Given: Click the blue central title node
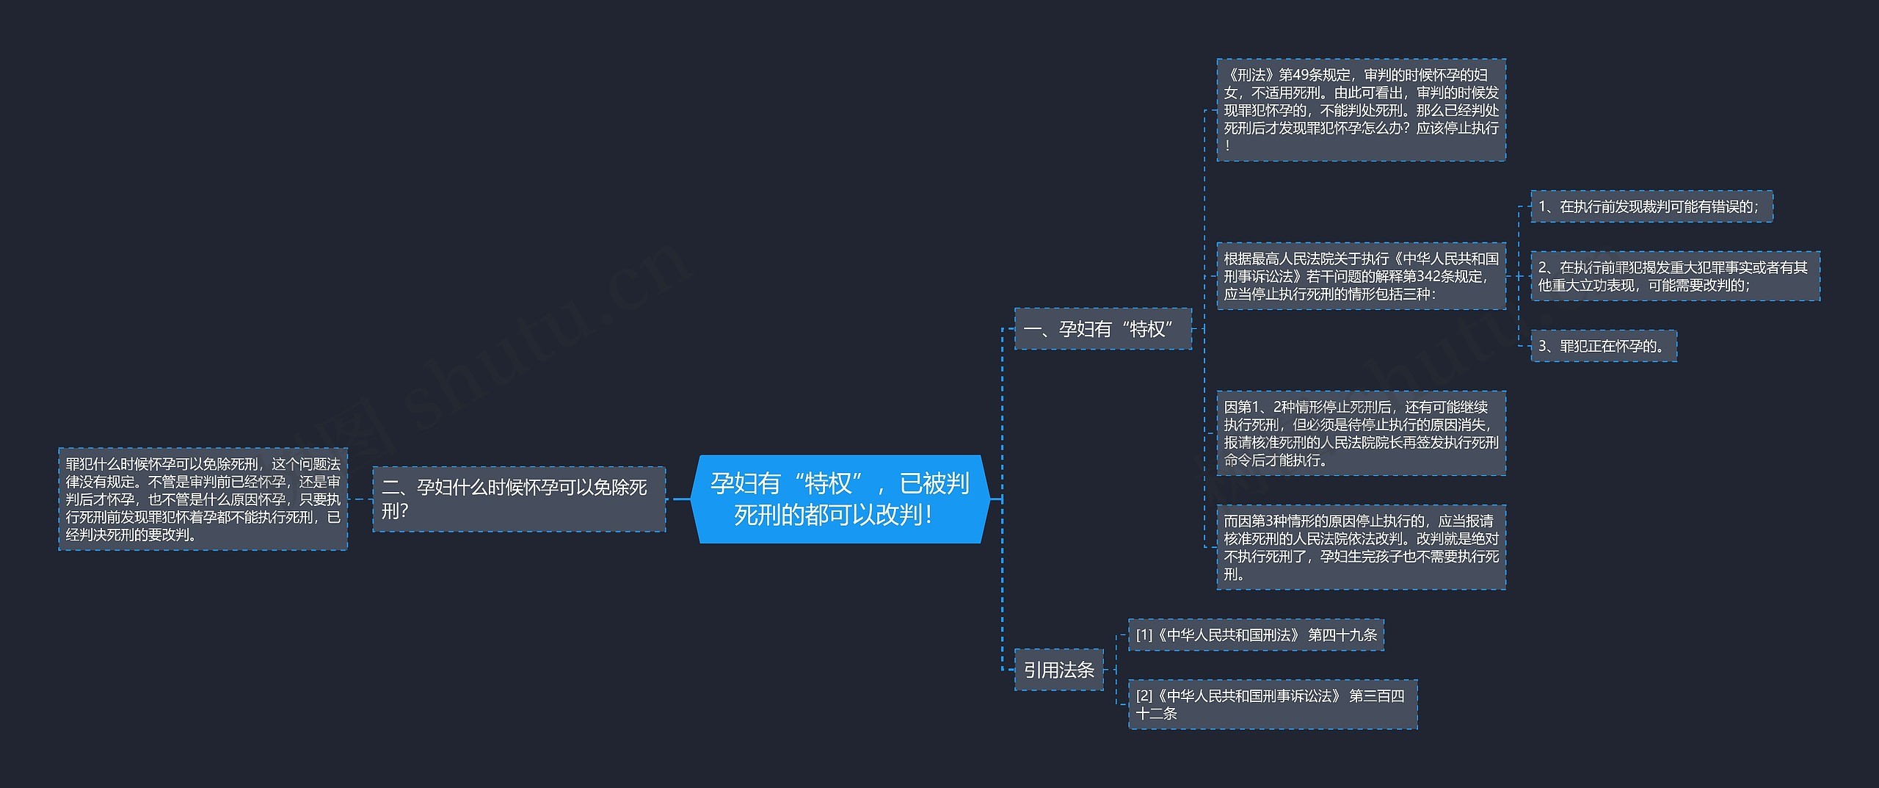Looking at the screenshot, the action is pyautogui.click(x=840, y=499).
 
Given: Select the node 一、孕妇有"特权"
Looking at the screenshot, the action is pyautogui.click(x=1102, y=329).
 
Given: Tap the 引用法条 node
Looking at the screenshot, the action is pyautogui.click(x=1058, y=670).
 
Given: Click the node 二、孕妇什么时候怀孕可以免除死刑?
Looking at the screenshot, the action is pyautogui.click(x=519, y=499).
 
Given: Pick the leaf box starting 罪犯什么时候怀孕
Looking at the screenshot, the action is pyautogui.click(x=203, y=499).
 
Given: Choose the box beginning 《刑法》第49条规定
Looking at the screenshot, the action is pyautogui.click(x=1361, y=110).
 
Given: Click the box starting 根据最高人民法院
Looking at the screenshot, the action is pyautogui.click(x=1361, y=276).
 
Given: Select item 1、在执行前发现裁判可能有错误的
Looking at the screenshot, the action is pyautogui.click(x=1651, y=206).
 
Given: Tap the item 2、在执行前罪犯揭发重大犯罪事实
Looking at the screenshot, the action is pyautogui.click(x=1675, y=276).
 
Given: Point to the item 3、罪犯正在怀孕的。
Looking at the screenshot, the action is pyautogui.click(x=1604, y=346).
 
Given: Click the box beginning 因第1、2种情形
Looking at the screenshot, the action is pyautogui.click(x=1361, y=433).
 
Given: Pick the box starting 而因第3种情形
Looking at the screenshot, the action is pyautogui.click(x=1361, y=547).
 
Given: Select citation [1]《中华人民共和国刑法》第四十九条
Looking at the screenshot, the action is pyautogui.click(x=1256, y=635).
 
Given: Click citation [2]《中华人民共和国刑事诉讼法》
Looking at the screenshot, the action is pyautogui.click(x=1273, y=705).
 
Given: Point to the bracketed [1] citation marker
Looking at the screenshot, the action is pyautogui.click(x=1144, y=635).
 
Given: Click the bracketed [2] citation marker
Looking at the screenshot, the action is pyautogui.click(x=1144, y=696).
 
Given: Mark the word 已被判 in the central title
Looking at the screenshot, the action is pyautogui.click(x=934, y=483).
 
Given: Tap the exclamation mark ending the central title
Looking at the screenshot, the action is pyautogui.click(x=928, y=515).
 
